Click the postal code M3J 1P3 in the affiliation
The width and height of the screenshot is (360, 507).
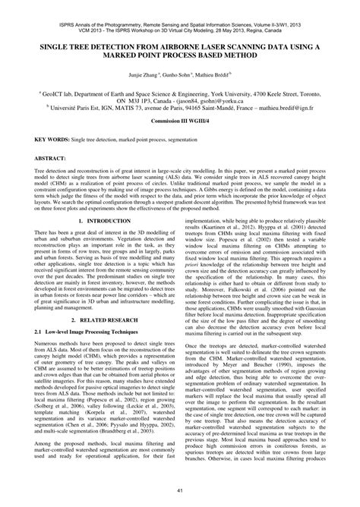tap(136, 99)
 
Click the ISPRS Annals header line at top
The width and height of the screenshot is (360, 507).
tap(179, 8)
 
